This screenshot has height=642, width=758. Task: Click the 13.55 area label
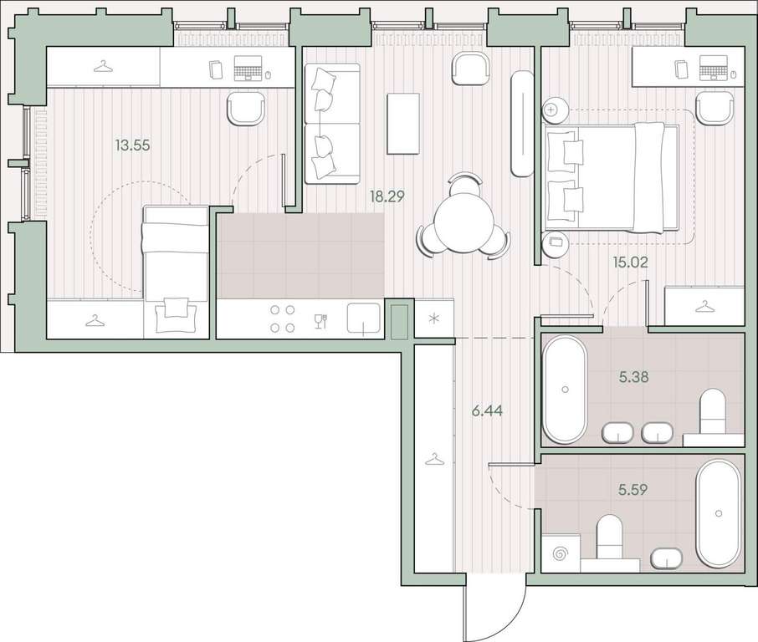click(x=132, y=145)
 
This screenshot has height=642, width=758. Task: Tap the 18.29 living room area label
click(x=387, y=196)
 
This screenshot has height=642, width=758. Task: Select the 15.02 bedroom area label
click(x=630, y=262)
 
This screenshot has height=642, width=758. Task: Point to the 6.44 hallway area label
click(x=487, y=411)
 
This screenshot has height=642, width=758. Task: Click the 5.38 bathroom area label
click(x=634, y=377)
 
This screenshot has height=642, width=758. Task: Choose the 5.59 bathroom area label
click(x=633, y=490)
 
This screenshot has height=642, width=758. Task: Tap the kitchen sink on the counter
click(x=364, y=318)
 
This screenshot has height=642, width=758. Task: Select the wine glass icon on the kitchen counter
click(x=320, y=321)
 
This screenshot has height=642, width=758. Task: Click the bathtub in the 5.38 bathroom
click(x=565, y=390)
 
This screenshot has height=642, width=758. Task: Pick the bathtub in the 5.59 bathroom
click(x=718, y=513)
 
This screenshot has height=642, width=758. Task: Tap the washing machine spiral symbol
click(x=561, y=553)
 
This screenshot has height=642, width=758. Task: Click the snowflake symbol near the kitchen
click(x=434, y=318)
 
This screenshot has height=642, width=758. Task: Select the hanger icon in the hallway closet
click(x=433, y=460)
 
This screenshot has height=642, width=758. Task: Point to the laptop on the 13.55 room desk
click(x=248, y=68)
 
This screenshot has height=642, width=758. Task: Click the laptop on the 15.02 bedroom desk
click(x=714, y=68)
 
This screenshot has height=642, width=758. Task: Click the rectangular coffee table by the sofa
click(x=402, y=124)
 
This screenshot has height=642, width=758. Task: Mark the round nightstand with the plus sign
click(x=551, y=110)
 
